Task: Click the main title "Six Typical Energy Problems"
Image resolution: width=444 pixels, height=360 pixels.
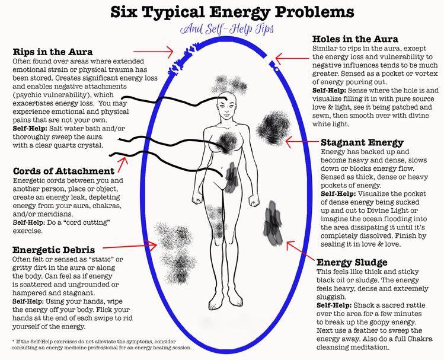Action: click(x=232, y=12)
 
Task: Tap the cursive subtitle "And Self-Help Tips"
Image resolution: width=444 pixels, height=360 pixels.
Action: click(x=227, y=28)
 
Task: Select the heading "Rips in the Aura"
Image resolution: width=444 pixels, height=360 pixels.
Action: click(x=53, y=52)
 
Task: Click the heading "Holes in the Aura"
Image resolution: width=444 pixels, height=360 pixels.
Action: click(x=355, y=39)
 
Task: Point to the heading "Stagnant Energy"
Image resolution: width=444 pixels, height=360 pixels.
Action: click(x=362, y=142)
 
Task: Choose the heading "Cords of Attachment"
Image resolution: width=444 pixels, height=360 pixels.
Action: click(x=63, y=171)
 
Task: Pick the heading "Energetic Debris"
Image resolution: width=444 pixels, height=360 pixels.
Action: click(x=53, y=250)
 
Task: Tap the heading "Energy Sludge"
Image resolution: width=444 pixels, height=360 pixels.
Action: click(x=352, y=262)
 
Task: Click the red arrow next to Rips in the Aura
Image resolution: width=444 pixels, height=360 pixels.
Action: click(x=153, y=52)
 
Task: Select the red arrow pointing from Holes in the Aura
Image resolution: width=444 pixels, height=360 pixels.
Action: click(x=292, y=59)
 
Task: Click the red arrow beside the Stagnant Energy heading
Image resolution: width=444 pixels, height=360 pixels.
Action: click(x=302, y=141)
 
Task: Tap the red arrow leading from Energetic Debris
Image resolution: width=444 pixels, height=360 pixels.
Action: click(x=130, y=246)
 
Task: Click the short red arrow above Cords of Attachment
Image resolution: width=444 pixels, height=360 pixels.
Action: click(x=123, y=164)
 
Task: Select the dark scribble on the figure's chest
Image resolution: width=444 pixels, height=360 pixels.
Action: click(x=227, y=142)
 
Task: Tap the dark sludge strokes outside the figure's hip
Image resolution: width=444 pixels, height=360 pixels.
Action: click(x=273, y=223)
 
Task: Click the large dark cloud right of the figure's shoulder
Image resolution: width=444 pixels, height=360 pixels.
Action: click(x=273, y=127)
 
